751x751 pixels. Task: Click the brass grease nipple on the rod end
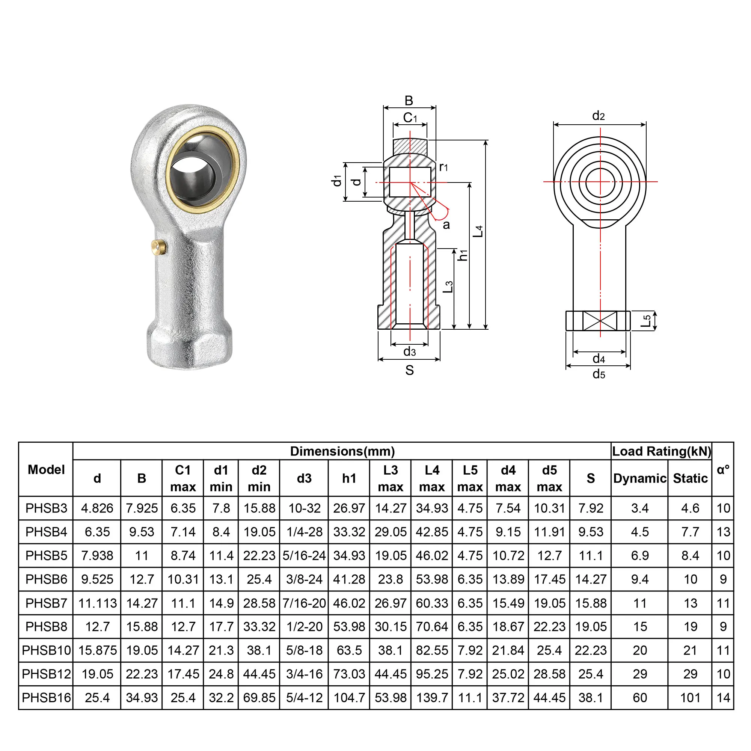[x=159, y=247]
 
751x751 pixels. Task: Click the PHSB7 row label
[x=46, y=603]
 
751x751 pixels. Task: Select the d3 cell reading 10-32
[x=305, y=508]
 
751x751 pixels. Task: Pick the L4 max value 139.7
[x=432, y=698]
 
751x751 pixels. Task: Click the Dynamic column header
[x=640, y=478]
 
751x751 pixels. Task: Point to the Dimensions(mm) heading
[x=342, y=451]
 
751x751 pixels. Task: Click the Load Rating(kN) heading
[x=662, y=451]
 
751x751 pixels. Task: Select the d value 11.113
[x=97, y=603]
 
